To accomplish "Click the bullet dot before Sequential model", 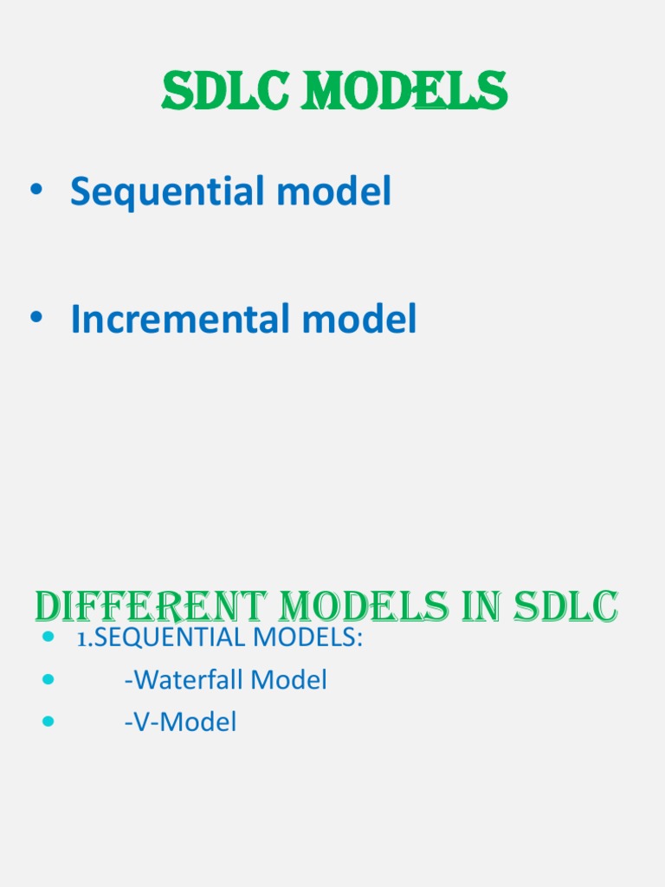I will coord(36,192).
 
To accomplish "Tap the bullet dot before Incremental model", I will coord(36,320).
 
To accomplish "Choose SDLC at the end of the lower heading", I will coord(567,607).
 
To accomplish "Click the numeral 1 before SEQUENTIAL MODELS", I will coord(81,639).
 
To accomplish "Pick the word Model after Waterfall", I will coord(288,680).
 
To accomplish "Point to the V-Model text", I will coord(180,722).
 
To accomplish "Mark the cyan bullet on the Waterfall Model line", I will coord(48,680).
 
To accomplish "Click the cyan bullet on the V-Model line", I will coord(48,722).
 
